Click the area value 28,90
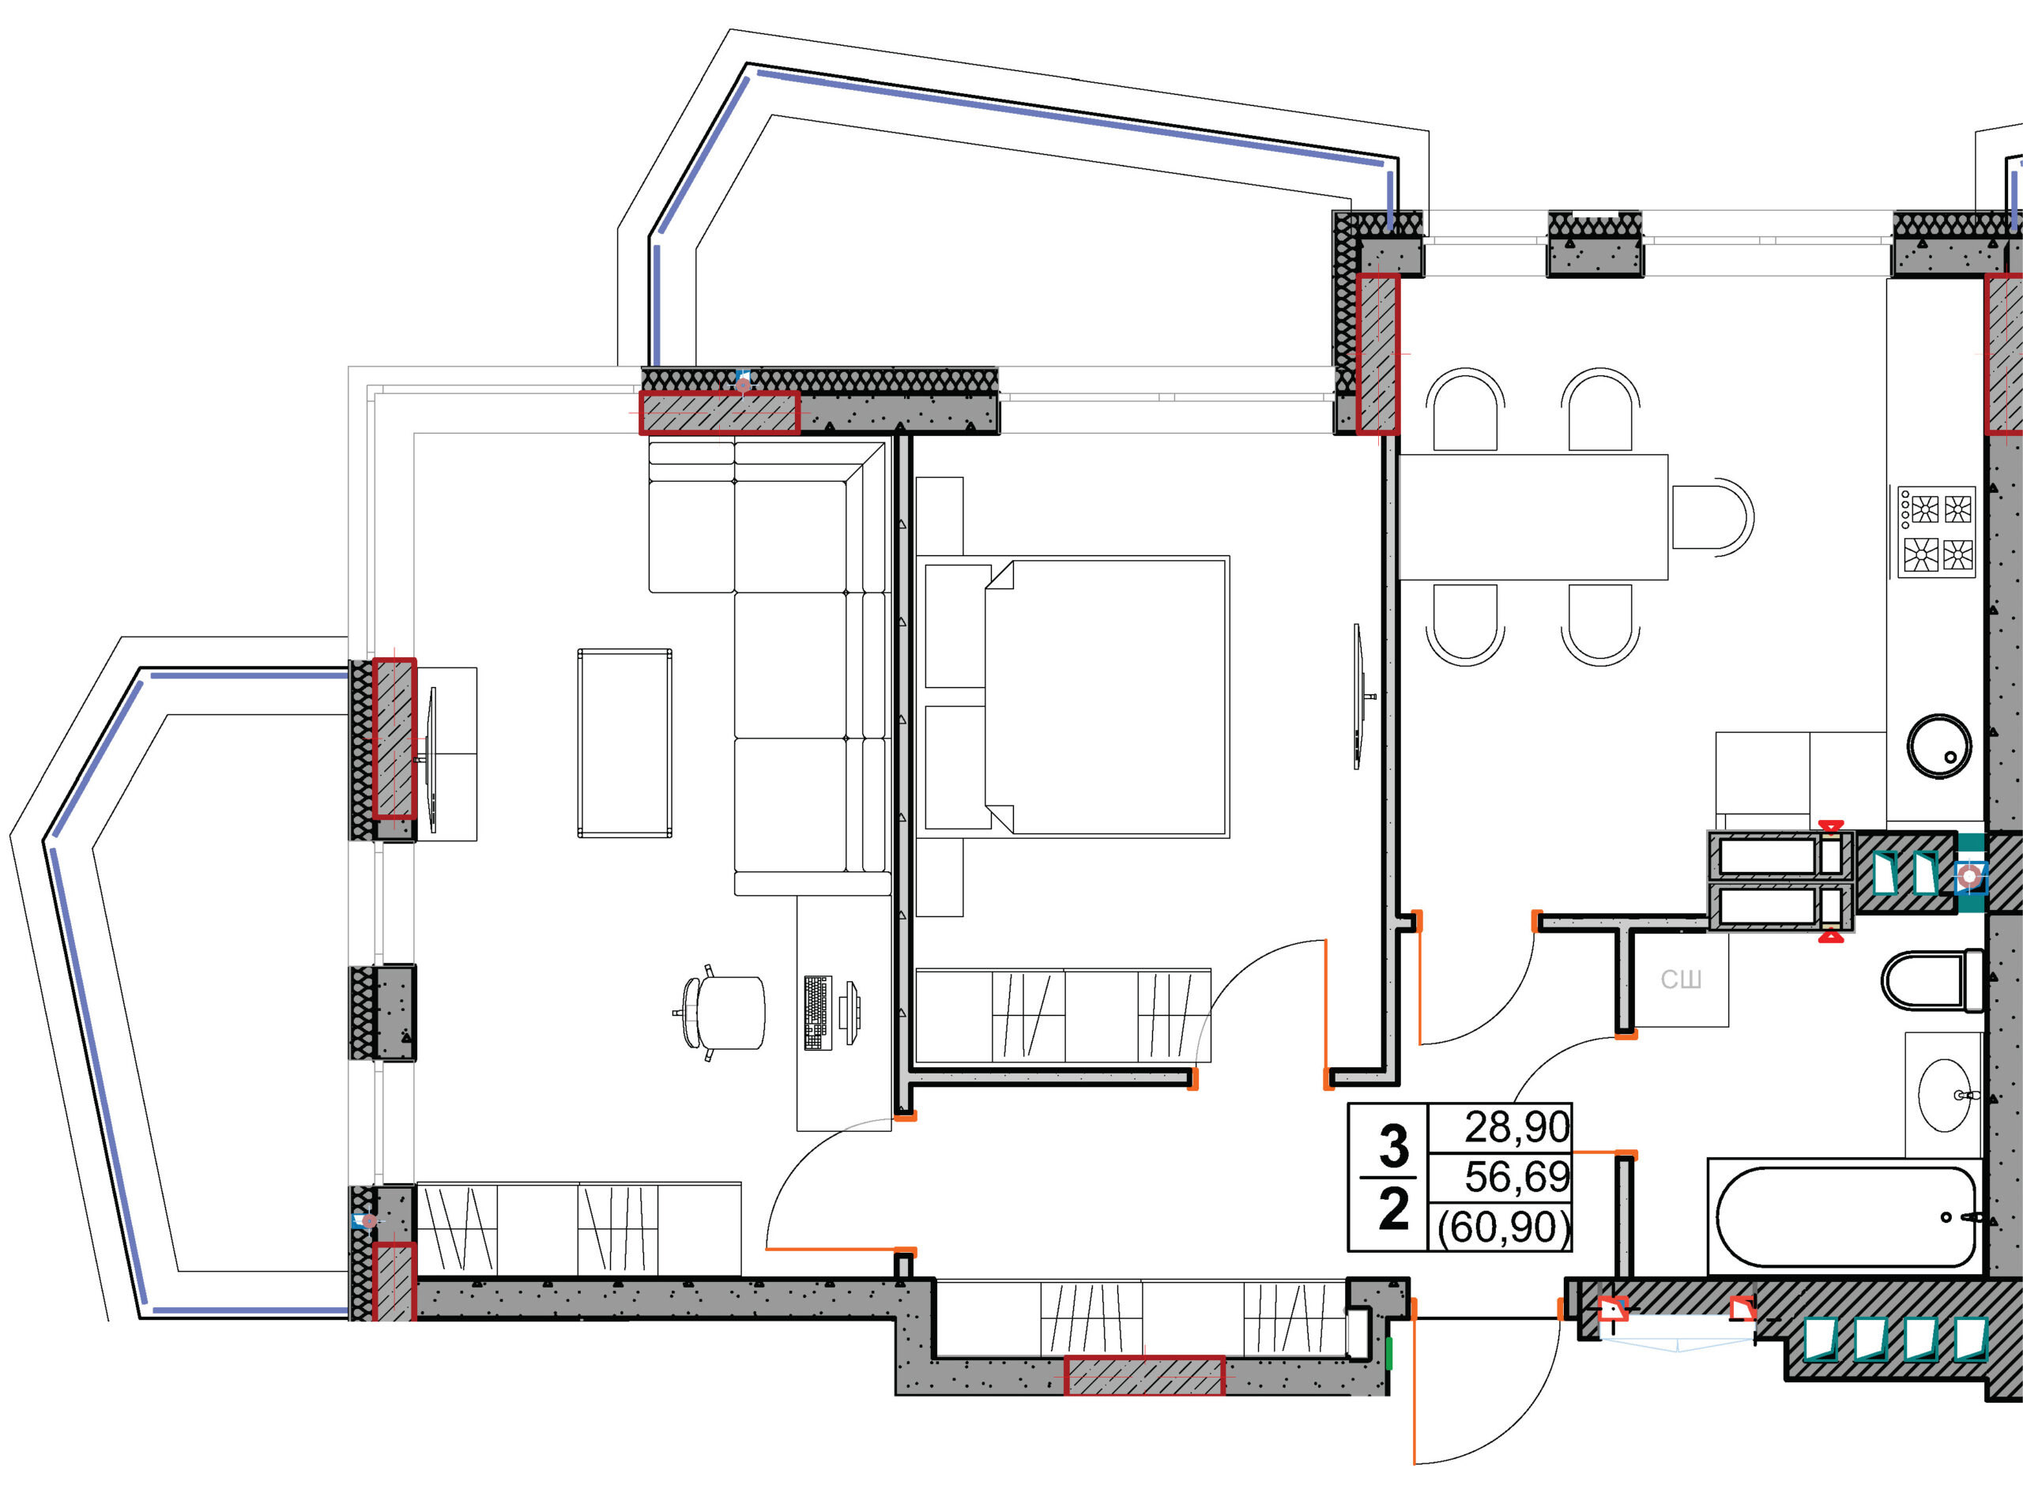pyautogui.click(x=1516, y=1127)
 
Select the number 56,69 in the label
pyautogui.click(x=1516, y=1177)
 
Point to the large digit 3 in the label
pyautogui.click(x=1394, y=1145)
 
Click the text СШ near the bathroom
pyautogui.click(x=1681, y=979)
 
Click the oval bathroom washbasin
pyautogui.click(x=1945, y=1095)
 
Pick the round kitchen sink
pyautogui.click(x=1939, y=746)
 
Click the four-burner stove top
pyautogui.click(x=1937, y=532)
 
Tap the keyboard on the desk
pyautogui.click(x=817, y=1012)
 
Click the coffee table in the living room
pyautogui.click(x=624, y=743)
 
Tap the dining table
pyautogui.click(x=1533, y=517)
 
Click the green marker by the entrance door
pyautogui.click(x=1389, y=1353)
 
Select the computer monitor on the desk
pyautogui.click(x=850, y=1012)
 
